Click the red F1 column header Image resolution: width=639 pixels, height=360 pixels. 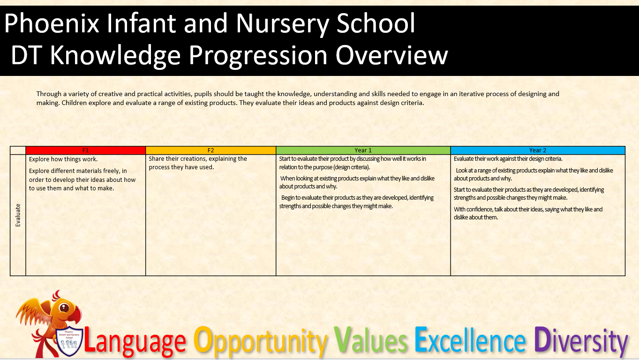tap(86, 150)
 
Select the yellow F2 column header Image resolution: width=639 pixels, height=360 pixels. tap(211, 150)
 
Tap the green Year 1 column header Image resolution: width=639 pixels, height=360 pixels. tap(363, 150)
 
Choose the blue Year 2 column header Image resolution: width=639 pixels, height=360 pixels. tap(538, 150)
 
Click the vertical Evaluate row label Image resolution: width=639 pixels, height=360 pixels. tap(18, 215)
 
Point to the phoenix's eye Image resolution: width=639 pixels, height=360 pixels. tap(64, 307)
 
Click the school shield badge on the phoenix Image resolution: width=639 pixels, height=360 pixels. tap(69, 341)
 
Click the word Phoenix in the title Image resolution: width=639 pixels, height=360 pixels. tap(52, 23)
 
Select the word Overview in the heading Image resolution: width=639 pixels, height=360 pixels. tap(391, 55)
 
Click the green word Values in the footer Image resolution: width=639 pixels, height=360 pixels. tap(370, 340)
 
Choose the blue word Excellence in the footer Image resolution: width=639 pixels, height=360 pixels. tap(470, 340)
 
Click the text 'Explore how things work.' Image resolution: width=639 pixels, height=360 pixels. tap(63, 159)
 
